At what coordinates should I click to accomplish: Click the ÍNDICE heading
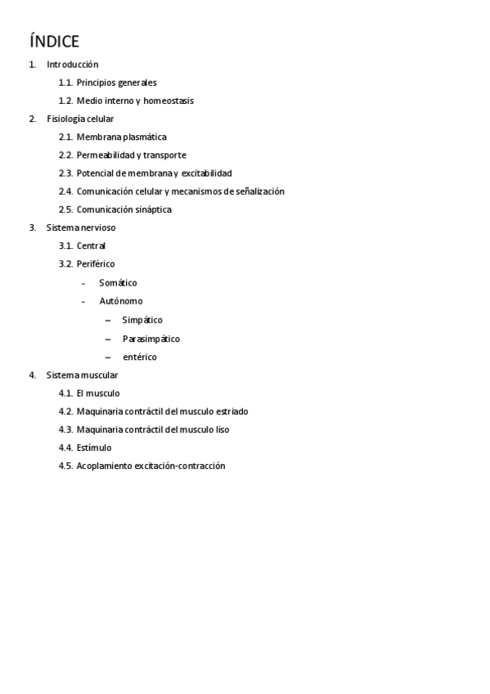point(54,41)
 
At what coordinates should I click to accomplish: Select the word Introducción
point(73,64)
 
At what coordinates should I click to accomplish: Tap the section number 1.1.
point(65,83)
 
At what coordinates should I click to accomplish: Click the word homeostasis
point(169,101)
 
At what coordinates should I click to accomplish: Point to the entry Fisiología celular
point(80,119)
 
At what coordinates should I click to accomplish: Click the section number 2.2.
point(65,155)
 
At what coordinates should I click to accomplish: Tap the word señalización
point(255,192)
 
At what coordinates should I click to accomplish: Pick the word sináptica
point(152,210)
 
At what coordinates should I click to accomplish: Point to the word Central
point(91,246)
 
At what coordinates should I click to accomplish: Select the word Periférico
point(96,264)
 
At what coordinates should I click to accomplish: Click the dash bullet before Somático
point(83,283)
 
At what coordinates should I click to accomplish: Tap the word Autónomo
point(120,301)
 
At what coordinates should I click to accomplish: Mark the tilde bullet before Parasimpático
point(108,339)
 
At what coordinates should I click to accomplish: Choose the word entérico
point(139,357)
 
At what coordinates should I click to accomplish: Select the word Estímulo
point(94,448)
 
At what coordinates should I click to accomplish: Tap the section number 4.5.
point(65,466)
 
